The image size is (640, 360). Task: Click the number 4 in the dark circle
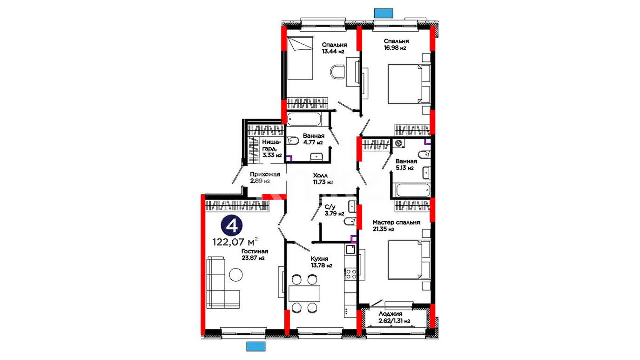(x=232, y=226)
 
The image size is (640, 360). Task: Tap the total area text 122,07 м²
(x=235, y=241)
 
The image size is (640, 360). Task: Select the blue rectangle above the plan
(x=384, y=13)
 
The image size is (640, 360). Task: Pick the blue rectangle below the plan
(x=256, y=346)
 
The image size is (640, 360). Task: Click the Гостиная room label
(x=255, y=251)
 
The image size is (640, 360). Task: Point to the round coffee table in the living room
(x=236, y=275)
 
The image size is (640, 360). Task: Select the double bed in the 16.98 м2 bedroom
(x=409, y=84)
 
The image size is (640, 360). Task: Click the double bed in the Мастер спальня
(x=409, y=260)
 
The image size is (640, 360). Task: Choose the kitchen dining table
(x=304, y=293)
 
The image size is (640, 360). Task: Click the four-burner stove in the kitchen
(x=351, y=274)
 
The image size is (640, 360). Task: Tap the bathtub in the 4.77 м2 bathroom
(x=304, y=119)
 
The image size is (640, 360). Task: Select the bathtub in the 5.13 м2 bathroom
(x=412, y=190)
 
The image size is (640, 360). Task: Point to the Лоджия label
(x=390, y=314)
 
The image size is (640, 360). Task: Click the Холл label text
(x=320, y=175)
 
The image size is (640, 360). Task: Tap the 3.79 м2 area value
(x=334, y=214)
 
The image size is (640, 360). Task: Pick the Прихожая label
(x=265, y=174)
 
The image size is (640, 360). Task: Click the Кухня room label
(x=319, y=259)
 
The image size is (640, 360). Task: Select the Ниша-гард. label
(x=272, y=145)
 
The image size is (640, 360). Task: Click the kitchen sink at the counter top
(x=350, y=249)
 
